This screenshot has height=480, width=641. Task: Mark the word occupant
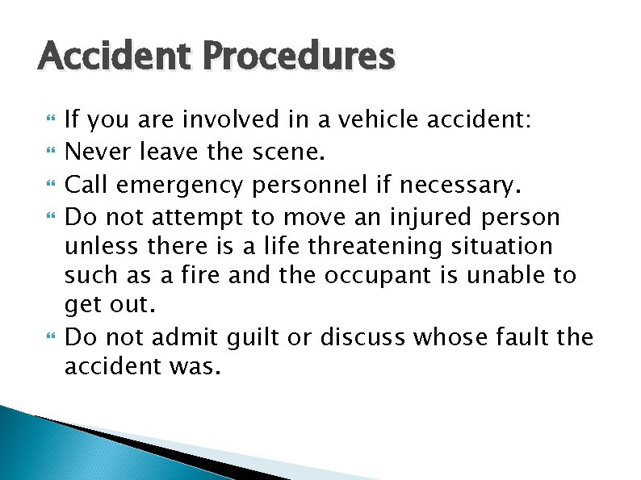click(368, 275)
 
